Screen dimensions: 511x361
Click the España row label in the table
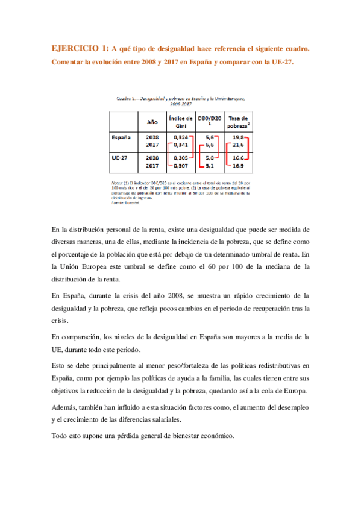click(121, 137)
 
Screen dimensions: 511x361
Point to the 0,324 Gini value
click(181, 137)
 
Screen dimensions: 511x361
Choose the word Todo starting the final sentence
click(61, 436)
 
